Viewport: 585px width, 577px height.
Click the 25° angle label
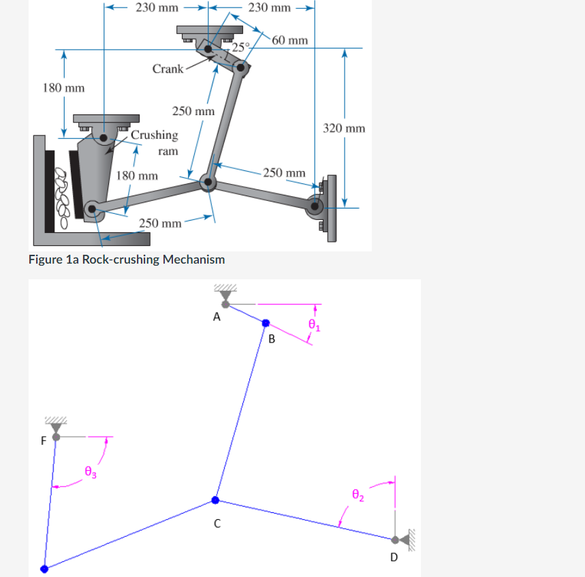pyautogui.click(x=240, y=47)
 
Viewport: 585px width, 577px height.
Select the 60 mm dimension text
pyautogui.click(x=289, y=40)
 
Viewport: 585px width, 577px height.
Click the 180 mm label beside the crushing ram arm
pyautogui.click(x=137, y=175)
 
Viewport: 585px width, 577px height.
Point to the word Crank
pyautogui.click(x=168, y=69)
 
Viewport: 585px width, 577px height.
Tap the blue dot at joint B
pyautogui.click(x=266, y=324)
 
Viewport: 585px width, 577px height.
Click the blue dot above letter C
pyautogui.click(x=216, y=500)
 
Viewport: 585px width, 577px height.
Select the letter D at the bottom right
pyautogui.click(x=393, y=557)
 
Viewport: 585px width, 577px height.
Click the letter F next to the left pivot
pyautogui.click(x=44, y=441)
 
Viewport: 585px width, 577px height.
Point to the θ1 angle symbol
pyautogui.click(x=313, y=325)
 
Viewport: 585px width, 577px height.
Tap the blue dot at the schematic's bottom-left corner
pyautogui.click(x=44, y=568)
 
